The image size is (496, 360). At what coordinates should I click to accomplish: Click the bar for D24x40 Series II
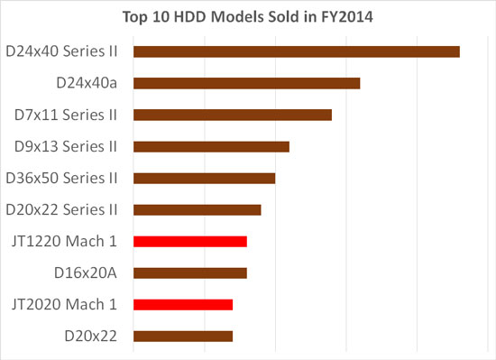click(297, 51)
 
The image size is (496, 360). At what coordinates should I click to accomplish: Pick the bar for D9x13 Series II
click(211, 146)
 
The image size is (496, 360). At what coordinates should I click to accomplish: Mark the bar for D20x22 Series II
click(197, 209)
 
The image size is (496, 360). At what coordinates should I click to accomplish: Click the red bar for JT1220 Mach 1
click(190, 241)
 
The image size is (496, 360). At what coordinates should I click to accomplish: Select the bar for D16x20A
click(190, 272)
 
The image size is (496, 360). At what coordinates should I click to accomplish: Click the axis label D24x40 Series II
click(62, 51)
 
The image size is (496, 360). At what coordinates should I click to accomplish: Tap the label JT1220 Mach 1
click(72, 241)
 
